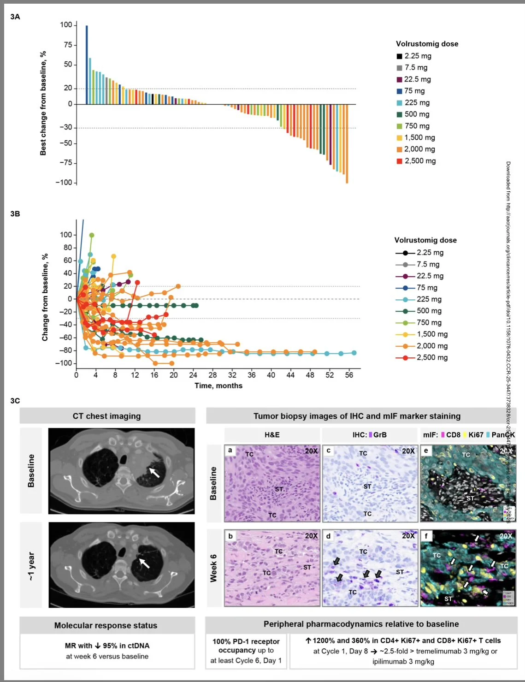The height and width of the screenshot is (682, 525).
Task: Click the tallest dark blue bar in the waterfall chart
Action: click(x=87, y=65)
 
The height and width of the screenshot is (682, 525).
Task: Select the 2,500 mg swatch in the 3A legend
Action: click(x=400, y=161)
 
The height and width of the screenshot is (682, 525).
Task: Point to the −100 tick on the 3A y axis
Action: click(x=64, y=183)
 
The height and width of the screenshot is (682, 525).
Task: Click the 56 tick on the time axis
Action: click(x=349, y=375)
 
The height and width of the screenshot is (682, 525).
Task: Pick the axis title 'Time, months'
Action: click(x=218, y=385)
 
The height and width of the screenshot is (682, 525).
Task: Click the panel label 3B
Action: click(x=15, y=214)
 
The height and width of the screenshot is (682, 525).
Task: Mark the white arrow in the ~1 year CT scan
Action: click(x=144, y=563)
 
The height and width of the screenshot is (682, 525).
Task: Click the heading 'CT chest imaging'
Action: click(x=106, y=416)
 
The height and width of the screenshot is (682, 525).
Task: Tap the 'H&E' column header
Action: click(x=272, y=435)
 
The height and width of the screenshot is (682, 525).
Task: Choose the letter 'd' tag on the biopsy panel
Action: click(x=328, y=536)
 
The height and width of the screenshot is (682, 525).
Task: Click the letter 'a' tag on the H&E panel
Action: click(x=230, y=451)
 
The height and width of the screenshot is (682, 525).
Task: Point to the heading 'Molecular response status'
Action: click(x=106, y=625)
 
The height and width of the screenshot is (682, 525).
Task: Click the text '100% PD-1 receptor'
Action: click(x=246, y=641)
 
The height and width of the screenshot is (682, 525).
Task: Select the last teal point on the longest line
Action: click(x=354, y=353)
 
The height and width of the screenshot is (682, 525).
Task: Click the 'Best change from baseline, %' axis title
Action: click(x=43, y=103)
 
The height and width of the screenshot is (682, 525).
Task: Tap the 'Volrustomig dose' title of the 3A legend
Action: click(x=427, y=44)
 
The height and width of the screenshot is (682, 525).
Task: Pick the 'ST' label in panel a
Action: click(x=279, y=489)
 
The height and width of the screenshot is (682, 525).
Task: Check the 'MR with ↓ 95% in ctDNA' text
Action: click(x=107, y=646)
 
